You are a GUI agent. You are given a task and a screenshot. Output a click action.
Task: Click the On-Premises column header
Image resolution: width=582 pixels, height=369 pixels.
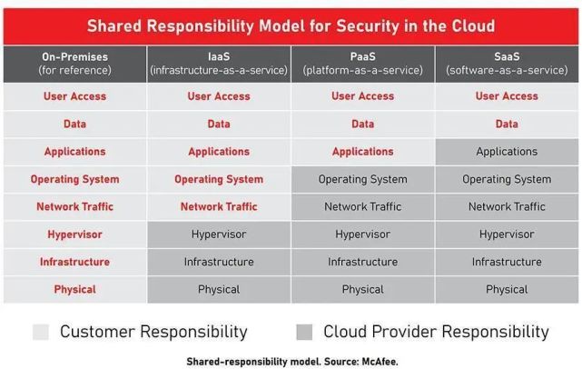75,64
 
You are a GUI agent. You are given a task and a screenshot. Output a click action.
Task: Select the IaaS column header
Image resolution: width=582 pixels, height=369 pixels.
219,64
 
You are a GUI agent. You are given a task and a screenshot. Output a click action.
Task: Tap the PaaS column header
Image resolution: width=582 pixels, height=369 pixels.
362,64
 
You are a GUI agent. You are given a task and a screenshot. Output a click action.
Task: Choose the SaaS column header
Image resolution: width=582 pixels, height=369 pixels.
507,64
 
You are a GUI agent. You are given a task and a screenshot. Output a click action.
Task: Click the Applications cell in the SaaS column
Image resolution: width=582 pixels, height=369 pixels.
507,152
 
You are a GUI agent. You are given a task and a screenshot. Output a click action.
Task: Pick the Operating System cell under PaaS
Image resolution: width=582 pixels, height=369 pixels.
362,179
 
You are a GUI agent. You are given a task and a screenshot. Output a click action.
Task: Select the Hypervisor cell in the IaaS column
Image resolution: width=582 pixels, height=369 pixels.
219,234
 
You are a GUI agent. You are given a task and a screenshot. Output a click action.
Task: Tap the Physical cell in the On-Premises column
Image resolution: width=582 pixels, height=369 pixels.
75,290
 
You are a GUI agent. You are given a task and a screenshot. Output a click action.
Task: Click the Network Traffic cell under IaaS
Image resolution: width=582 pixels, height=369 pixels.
219,206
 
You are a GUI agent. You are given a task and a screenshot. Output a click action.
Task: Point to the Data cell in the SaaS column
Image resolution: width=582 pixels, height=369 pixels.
507,125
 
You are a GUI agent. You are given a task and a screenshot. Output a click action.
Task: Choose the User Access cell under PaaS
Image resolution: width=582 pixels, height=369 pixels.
362,96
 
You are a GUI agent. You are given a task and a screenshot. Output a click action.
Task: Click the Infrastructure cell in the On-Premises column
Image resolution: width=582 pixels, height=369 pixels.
75,262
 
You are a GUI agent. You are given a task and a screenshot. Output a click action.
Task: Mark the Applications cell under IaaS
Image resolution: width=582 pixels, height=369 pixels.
219,152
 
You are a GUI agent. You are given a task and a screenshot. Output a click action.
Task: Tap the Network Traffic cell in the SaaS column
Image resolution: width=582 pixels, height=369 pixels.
507,206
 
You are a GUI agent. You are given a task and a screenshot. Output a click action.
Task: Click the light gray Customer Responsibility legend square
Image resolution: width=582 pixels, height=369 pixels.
41,332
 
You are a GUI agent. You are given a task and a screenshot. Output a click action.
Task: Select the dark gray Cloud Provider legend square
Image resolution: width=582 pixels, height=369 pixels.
304,332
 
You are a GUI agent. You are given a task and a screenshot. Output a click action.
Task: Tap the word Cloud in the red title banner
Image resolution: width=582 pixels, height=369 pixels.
473,26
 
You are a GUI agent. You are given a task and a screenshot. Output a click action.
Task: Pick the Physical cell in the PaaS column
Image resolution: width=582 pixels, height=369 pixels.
362,290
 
